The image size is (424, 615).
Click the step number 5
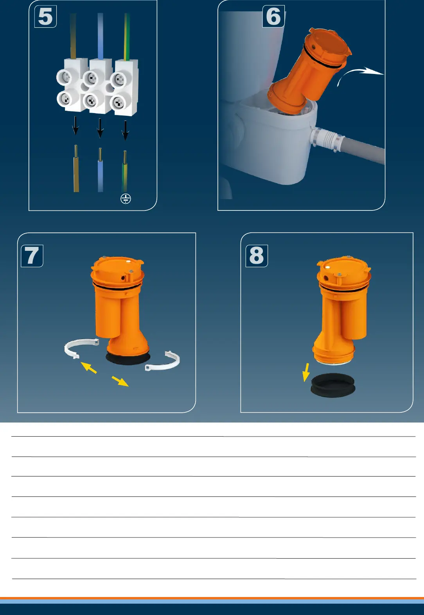[x=45, y=17]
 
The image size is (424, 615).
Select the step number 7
[x=32, y=255]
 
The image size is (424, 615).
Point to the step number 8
[x=257, y=255]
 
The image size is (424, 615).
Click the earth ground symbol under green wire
[x=126, y=198]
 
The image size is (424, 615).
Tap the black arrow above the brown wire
[x=75, y=125]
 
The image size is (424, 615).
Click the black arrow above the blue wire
[x=100, y=128]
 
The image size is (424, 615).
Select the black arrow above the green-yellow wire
[x=125, y=131]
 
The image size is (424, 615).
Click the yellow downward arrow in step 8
[x=306, y=372]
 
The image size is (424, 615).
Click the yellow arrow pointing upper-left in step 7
[x=88, y=367]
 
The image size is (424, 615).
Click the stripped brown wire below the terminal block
[x=76, y=169]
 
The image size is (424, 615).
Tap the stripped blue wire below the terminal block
[x=101, y=170]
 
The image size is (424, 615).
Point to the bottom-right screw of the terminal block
[x=118, y=103]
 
